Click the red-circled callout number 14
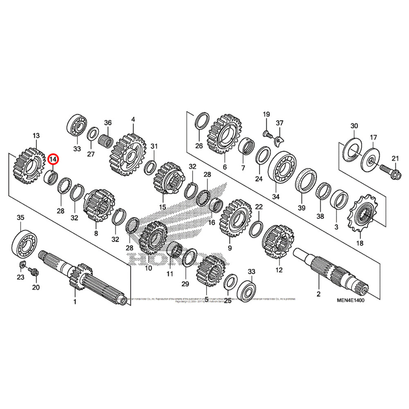click(54, 159)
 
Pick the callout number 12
click(279, 270)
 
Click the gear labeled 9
click(236, 218)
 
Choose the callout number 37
click(279, 124)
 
